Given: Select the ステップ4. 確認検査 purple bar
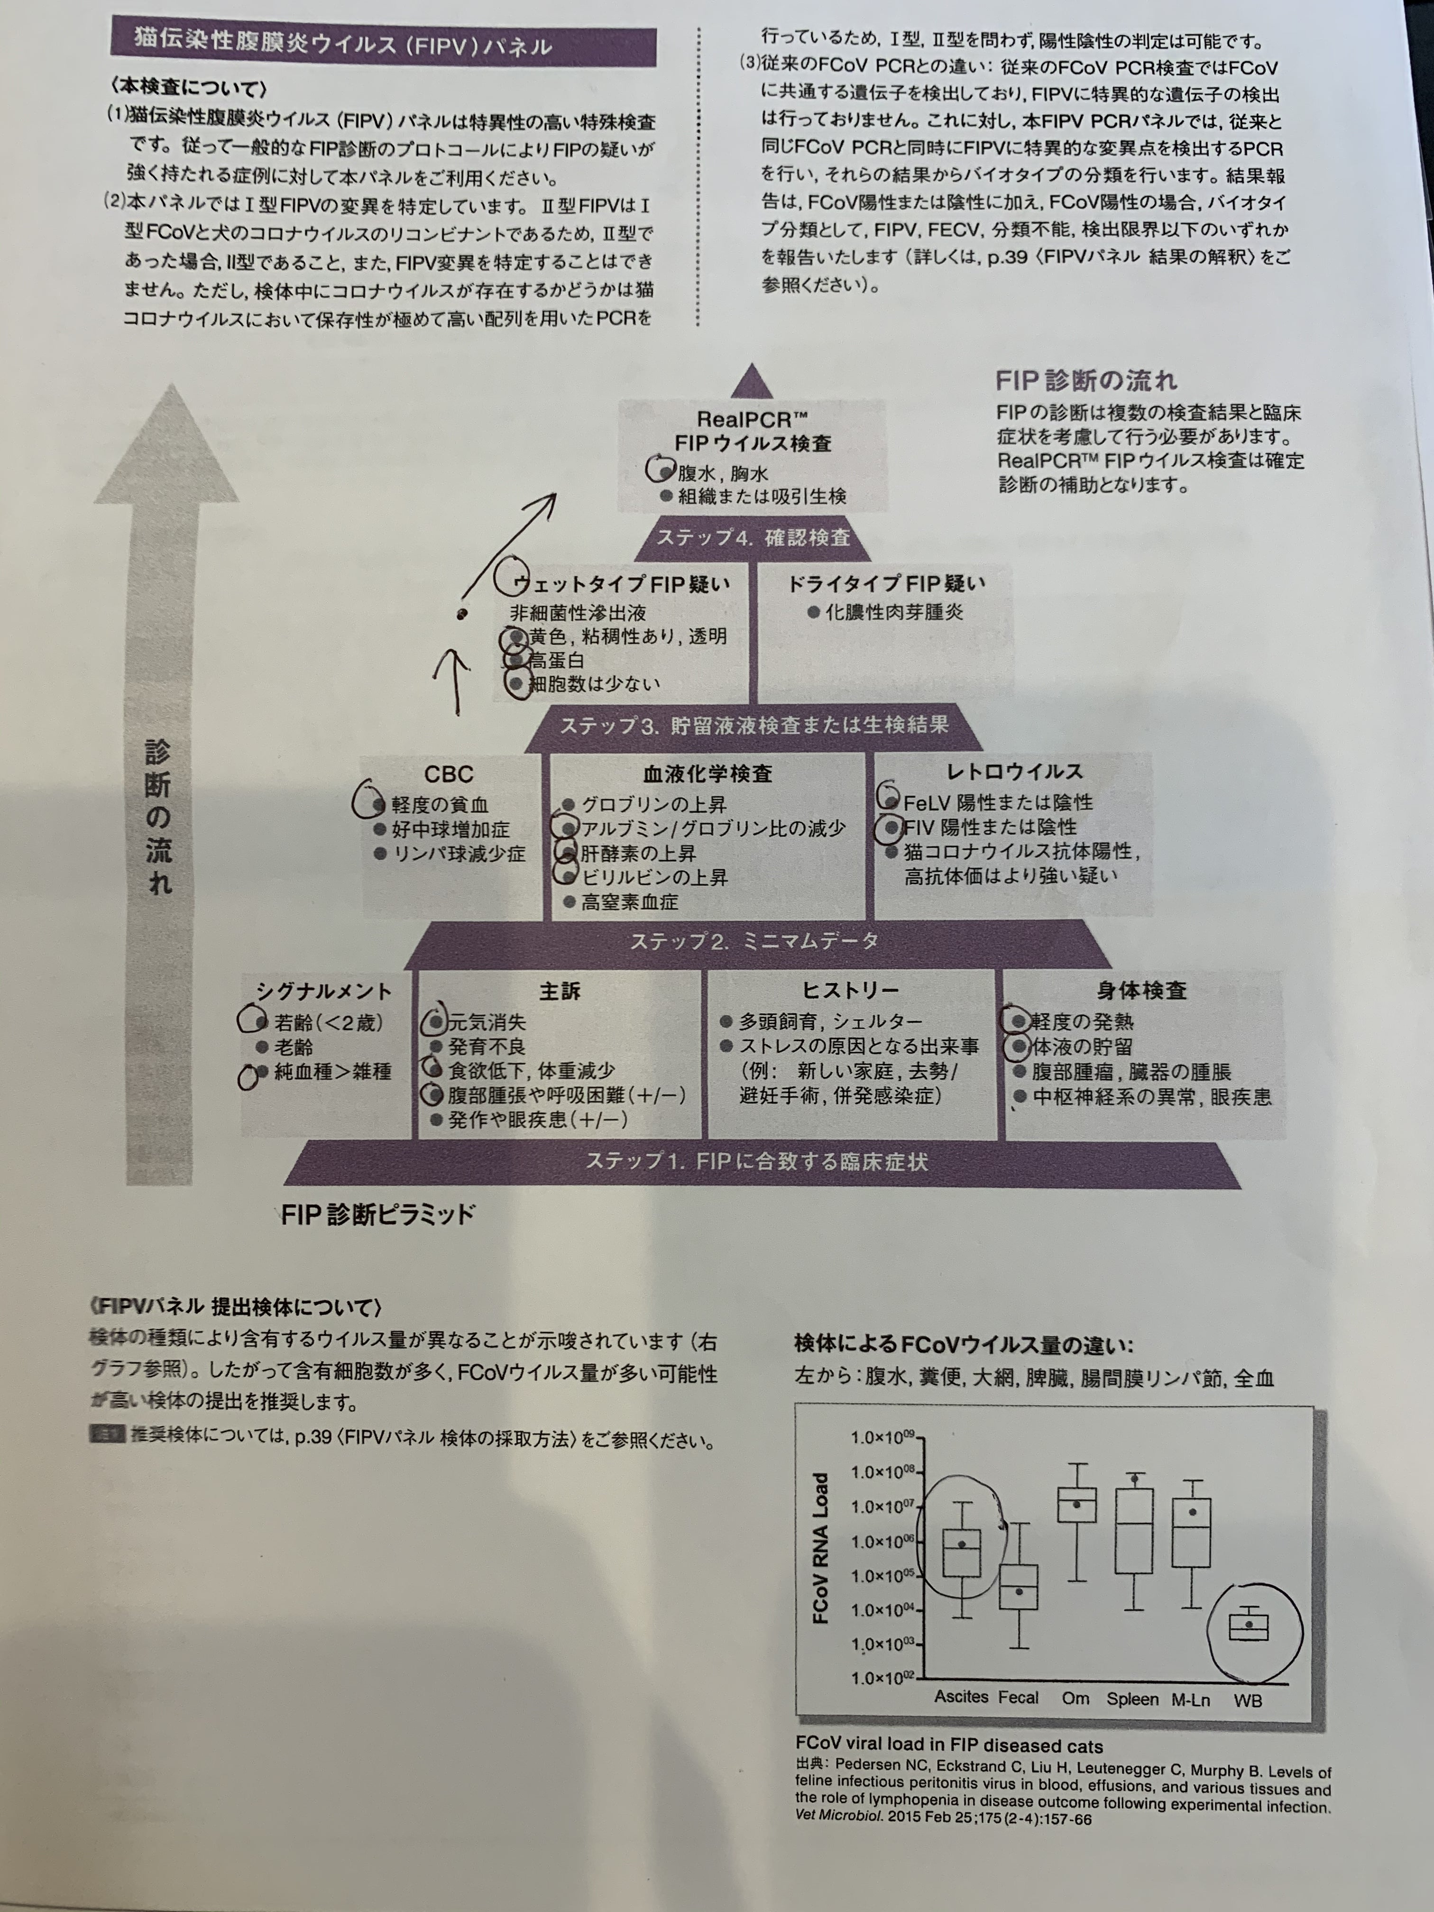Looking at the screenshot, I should (x=753, y=538).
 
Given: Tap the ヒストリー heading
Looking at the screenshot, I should (x=850, y=991).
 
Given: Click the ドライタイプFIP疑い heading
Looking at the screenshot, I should (x=885, y=584).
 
